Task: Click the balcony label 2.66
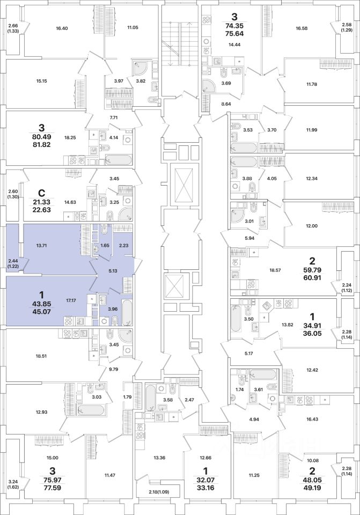pyautogui.click(x=12, y=25)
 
